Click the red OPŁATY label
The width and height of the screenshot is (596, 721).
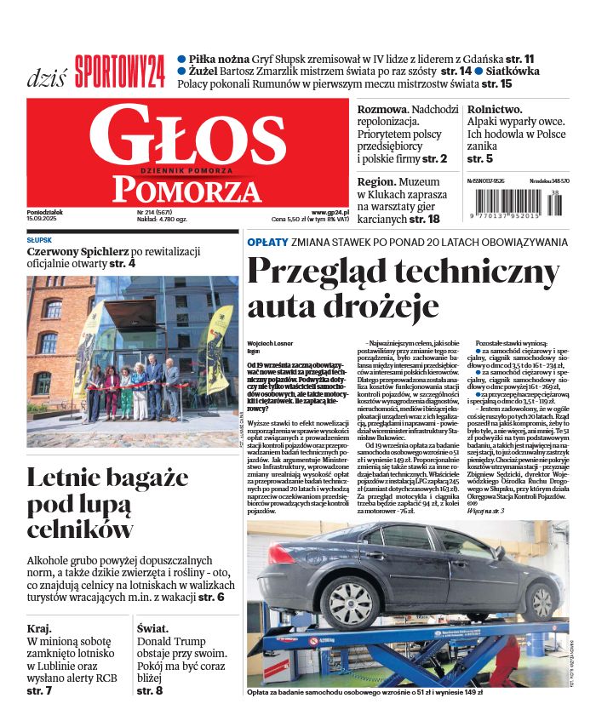266,242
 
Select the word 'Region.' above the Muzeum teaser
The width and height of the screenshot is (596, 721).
376,181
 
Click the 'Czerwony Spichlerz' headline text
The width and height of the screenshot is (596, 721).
77,252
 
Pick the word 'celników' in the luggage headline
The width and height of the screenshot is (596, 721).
80,529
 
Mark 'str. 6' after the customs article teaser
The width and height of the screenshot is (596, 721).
211,598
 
